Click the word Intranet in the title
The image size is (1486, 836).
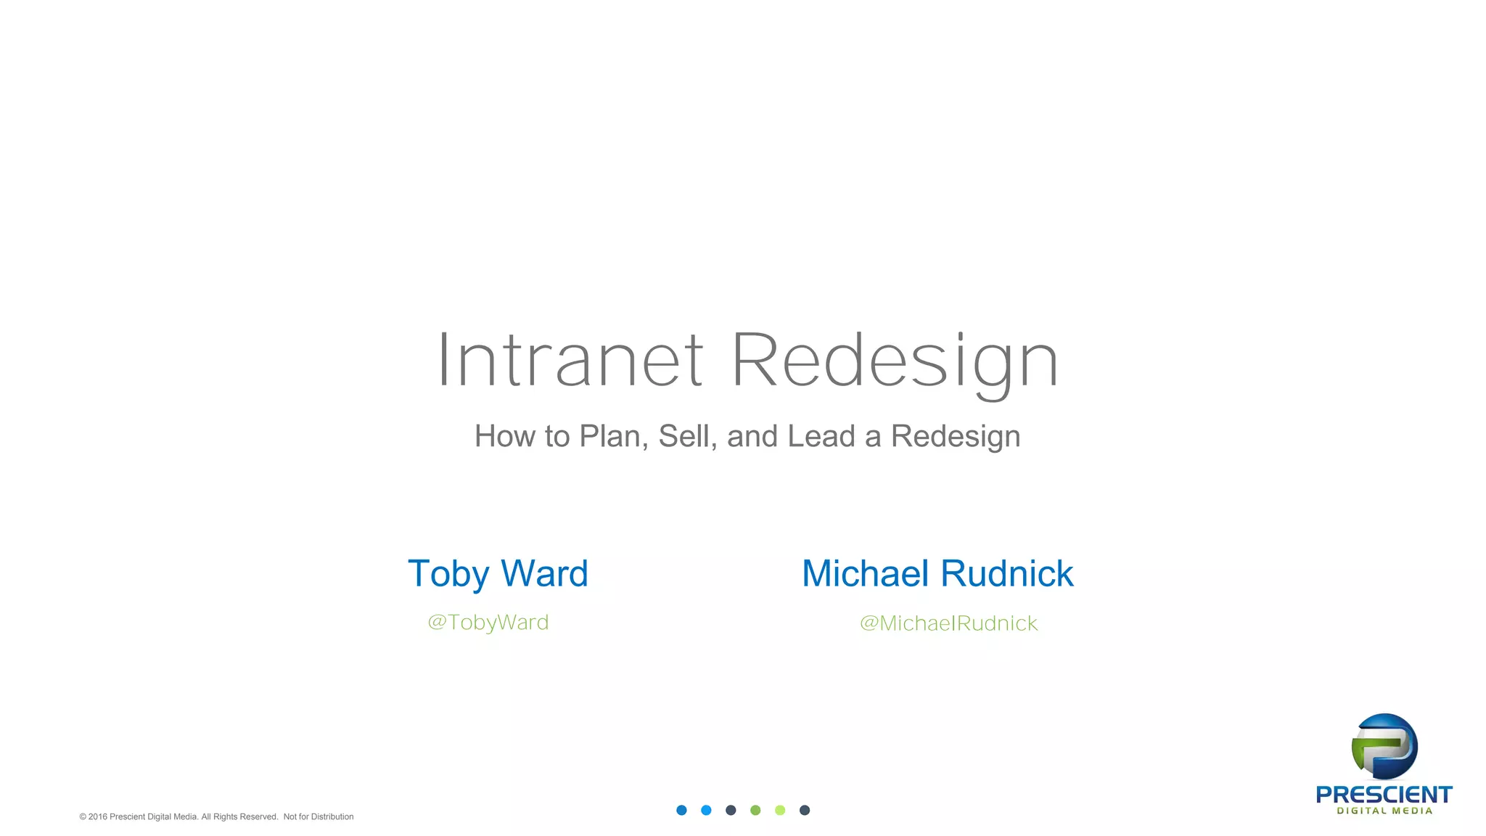click(x=570, y=361)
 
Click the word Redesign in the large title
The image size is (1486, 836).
click(x=895, y=361)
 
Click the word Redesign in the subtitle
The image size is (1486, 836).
click(x=956, y=436)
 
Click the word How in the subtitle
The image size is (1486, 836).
click(x=505, y=436)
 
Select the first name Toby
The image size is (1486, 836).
click(x=448, y=574)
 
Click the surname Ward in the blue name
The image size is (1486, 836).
click(x=544, y=574)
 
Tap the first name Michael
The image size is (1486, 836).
click(x=865, y=574)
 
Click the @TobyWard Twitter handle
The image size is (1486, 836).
click(x=488, y=623)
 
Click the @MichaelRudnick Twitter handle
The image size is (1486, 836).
click(x=948, y=623)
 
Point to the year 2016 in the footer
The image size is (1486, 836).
click(x=97, y=817)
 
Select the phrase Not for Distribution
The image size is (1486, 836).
click(x=318, y=817)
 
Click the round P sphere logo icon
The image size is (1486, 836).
click(x=1384, y=747)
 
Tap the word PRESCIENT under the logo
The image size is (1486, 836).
click(x=1384, y=795)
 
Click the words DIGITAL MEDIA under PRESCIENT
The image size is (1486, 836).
click(x=1384, y=811)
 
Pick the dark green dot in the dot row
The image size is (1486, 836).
click(x=755, y=811)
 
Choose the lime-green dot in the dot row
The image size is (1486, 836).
click(x=780, y=811)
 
